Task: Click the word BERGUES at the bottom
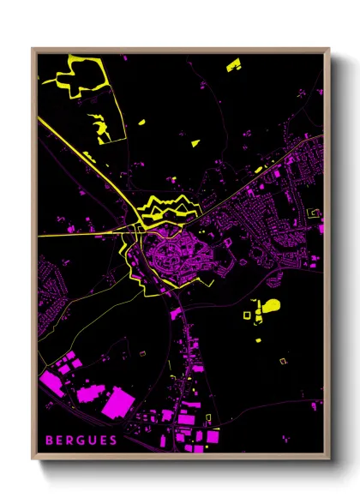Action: coord(81,441)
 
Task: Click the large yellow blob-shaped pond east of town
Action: coord(270,305)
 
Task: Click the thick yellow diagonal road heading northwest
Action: coord(86,164)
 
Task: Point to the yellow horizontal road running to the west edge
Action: coord(77,233)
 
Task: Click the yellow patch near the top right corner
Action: coord(233,64)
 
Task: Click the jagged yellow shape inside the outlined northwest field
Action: coord(103,127)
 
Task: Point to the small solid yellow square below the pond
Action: coord(259,340)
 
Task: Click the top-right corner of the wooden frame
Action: coord(328,49)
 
